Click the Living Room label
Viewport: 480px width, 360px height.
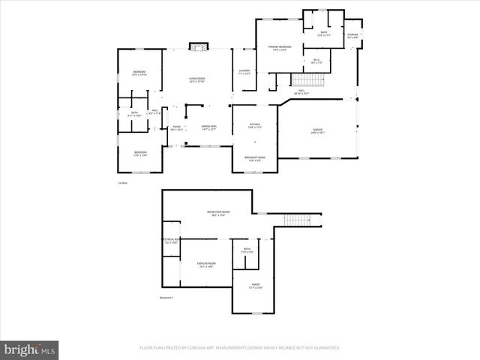pyautogui.click(x=197, y=79)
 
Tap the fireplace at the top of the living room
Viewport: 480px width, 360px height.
pyautogui.click(x=197, y=47)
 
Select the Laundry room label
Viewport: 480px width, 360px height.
pyautogui.click(x=244, y=73)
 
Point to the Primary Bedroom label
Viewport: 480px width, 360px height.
pyautogui.click(x=279, y=49)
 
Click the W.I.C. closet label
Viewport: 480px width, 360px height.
pyautogui.click(x=316, y=61)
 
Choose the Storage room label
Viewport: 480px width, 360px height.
pyautogui.click(x=352, y=36)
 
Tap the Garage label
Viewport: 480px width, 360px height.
pyautogui.click(x=318, y=131)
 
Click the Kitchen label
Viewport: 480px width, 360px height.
pyautogui.click(x=254, y=126)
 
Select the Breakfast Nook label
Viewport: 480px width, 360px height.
pyautogui.click(x=254, y=158)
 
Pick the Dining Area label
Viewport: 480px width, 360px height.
pyautogui.click(x=208, y=128)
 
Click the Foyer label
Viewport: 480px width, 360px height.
pyautogui.click(x=177, y=128)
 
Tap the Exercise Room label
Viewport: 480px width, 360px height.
pyautogui.click(x=206, y=265)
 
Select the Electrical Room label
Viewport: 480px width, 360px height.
pyautogui.click(x=171, y=241)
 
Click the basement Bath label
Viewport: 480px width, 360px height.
pyautogui.click(x=247, y=250)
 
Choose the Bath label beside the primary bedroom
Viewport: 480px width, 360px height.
pyautogui.click(x=324, y=34)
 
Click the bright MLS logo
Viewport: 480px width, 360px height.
pyautogui.click(x=30, y=349)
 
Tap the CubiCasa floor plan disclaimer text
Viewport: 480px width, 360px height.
pyautogui.click(x=239, y=348)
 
